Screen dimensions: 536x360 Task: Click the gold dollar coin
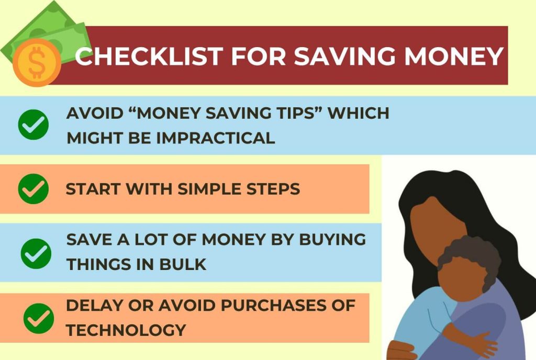[x=37, y=63]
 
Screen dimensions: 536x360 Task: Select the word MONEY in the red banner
[x=454, y=56]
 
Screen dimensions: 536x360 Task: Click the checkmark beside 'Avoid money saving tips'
[x=33, y=125]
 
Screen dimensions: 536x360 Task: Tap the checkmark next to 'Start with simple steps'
[x=33, y=189]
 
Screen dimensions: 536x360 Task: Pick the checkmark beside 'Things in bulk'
[x=36, y=253]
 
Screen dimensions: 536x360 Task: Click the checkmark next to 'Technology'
[x=39, y=318]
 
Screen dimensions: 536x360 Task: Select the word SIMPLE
[x=210, y=189]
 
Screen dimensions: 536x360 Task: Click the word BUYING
[x=332, y=239]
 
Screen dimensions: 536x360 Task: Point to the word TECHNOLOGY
[x=126, y=330]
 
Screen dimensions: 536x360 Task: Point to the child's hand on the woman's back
[x=485, y=345]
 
